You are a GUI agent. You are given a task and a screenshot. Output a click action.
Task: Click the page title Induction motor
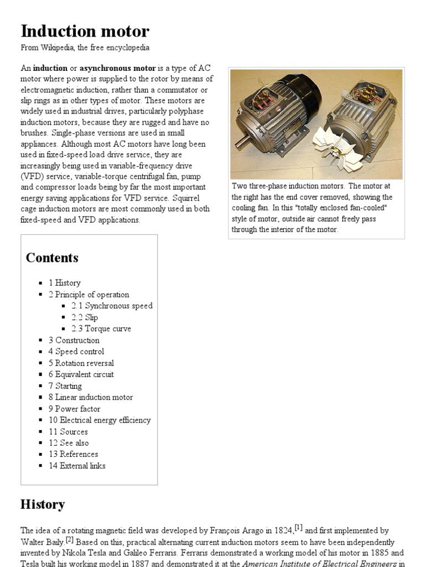[85, 30]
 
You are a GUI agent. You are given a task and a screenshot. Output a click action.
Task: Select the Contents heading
[52, 257]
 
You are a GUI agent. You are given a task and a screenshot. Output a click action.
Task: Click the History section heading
[42, 504]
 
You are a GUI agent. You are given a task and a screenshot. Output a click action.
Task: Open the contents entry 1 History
[64, 283]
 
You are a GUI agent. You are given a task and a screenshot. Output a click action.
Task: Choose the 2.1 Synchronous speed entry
[112, 306]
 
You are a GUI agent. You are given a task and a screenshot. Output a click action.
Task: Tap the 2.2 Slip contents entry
[85, 317]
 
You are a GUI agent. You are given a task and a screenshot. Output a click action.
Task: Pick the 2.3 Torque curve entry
[101, 328]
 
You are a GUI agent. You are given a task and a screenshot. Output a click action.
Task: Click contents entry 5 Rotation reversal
[81, 363]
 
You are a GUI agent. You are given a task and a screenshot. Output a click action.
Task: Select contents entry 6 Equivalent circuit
[81, 374]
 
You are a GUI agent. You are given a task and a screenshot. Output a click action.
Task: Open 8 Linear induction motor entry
[91, 397]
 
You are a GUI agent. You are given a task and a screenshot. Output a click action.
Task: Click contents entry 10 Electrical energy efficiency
[100, 420]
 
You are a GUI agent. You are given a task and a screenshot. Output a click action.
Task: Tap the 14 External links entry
[77, 466]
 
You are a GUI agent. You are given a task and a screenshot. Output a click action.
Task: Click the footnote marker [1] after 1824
[298, 528]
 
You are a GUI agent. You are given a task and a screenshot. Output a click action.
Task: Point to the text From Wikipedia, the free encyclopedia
[85, 48]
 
